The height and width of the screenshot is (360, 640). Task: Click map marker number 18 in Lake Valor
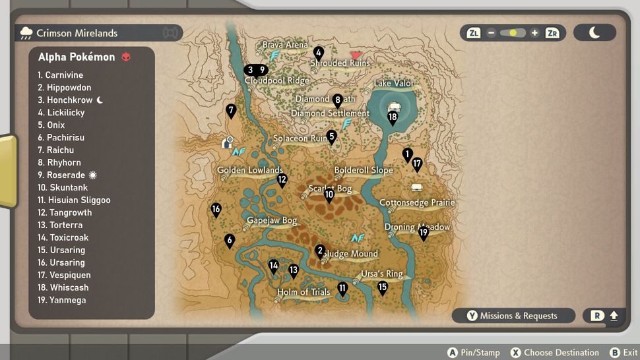[393, 118]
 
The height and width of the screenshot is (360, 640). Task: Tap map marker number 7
[231, 110]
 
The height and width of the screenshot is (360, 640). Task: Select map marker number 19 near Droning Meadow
[424, 232]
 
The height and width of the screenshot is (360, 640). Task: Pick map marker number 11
[342, 288]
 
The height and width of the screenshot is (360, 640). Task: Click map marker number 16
[216, 210]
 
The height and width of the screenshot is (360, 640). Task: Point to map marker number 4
[319, 52]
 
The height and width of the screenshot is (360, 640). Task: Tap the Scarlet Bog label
[330, 189]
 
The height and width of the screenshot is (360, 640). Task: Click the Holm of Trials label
[304, 292]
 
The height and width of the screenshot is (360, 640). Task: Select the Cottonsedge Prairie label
[417, 202]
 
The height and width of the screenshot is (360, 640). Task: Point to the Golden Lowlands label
[250, 170]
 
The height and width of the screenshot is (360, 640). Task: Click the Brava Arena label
[285, 45]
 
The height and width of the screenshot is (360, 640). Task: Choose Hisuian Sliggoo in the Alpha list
[74, 200]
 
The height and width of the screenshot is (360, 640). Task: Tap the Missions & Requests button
[512, 316]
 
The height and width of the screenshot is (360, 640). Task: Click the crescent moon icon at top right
[594, 32]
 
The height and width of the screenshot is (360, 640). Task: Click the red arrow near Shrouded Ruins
[356, 55]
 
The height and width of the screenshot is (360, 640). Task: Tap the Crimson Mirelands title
[77, 33]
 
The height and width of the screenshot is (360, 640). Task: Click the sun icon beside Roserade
[93, 175]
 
